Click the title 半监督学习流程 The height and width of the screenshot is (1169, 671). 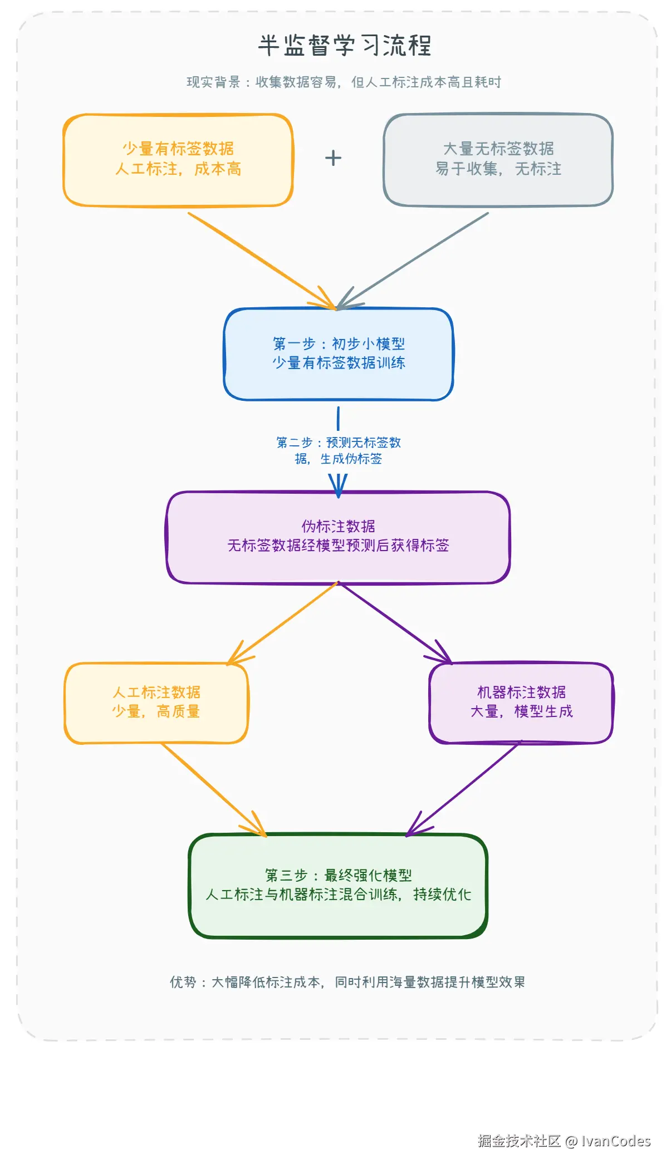[x=345, y=45]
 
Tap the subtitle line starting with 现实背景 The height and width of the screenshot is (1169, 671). [x=344, y=82]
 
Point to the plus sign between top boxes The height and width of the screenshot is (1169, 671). [x=333, y=158]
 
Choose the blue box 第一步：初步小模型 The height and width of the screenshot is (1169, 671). [x=339, y=353]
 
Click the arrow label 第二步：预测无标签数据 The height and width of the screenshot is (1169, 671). [x=339, y=450]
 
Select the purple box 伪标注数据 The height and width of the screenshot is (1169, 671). [x=339, y=537]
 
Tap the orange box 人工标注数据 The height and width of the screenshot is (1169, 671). [x=156, y=703]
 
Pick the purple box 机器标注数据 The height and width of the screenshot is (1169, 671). [x=521, y=703]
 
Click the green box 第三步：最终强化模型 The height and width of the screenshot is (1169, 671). [x=339, y=885]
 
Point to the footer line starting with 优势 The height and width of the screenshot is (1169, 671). [x=347, y=982]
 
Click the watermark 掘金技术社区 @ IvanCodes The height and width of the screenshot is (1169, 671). [x=564, y=1141]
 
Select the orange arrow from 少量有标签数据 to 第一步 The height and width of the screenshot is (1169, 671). [x=262, y=260]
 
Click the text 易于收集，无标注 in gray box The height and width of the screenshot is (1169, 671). [x=498, y=169]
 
